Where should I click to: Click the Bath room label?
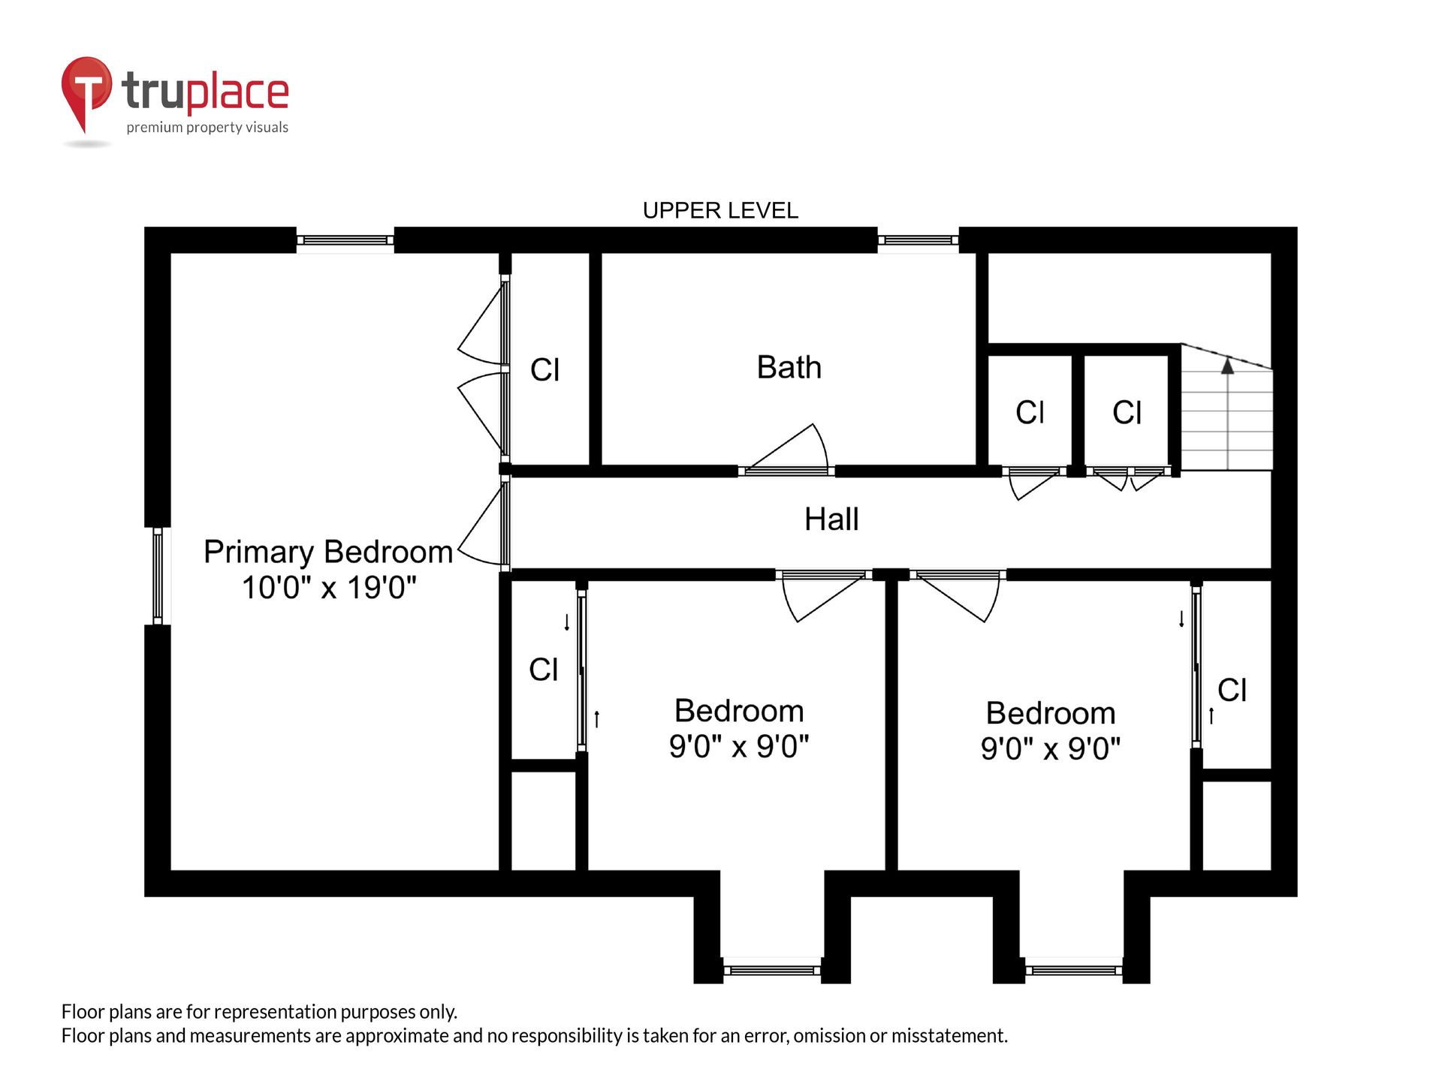[x=789, y=367]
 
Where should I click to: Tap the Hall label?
[x=831, y=519]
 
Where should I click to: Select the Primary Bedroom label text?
[x=328, y=553]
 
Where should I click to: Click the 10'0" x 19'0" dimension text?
[x=329, y=587]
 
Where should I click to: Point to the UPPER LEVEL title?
[x=720, y=210]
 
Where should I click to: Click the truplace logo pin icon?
[x=86, y=94]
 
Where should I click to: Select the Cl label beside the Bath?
[x=545, y=369]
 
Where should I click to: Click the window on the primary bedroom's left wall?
[x=158, y=576]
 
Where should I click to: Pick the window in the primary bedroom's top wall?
[x=345, y=240]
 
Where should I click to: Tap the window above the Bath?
[x=918, y=240]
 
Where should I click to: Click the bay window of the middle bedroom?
[x=772, y=971]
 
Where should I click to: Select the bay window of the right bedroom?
[x=1074, y=971]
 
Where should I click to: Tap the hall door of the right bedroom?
[x=958, y=597]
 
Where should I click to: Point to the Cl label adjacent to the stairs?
[x=1127, y=412]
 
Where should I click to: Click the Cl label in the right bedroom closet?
[x=1232, y=690]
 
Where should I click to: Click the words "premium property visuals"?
[x=207, y=128]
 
